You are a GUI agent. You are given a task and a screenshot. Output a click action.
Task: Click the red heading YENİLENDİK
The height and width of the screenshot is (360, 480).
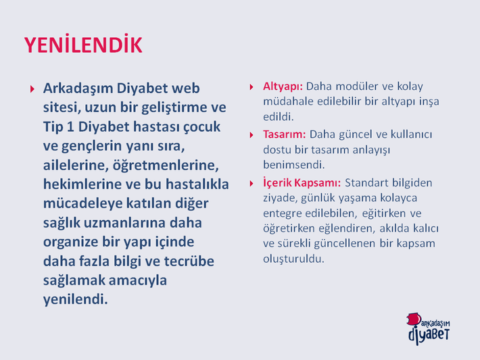[83, 45]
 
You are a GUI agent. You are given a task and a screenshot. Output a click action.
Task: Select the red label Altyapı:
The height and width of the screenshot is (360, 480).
[283, 87]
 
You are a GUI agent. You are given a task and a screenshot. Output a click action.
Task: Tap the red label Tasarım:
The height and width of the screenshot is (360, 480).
[285, 134]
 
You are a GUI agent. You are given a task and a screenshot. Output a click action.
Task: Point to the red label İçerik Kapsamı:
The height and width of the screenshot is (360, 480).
[302, 182]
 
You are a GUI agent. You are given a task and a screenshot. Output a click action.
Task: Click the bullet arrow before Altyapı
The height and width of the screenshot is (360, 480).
[251, 87]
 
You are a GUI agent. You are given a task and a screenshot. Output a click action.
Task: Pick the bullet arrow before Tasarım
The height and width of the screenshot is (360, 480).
[251, 135]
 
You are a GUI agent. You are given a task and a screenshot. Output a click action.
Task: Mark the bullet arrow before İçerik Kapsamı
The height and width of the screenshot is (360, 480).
[251, 184]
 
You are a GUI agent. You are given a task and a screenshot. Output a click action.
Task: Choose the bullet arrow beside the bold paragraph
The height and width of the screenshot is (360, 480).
[32, 89]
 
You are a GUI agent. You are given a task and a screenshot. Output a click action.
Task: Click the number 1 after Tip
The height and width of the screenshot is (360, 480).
[70, 127]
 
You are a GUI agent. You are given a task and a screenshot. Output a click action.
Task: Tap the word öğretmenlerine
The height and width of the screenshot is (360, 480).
[166, 165]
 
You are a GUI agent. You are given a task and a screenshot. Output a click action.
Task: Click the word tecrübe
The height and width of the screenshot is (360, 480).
[189, 261]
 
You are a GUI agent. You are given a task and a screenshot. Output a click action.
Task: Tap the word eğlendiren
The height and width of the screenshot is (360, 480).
[347, 229]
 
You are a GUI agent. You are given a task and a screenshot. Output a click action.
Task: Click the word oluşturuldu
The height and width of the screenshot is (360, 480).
[293, 259]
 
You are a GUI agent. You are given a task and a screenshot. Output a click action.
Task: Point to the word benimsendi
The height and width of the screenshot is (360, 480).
[293, 165]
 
